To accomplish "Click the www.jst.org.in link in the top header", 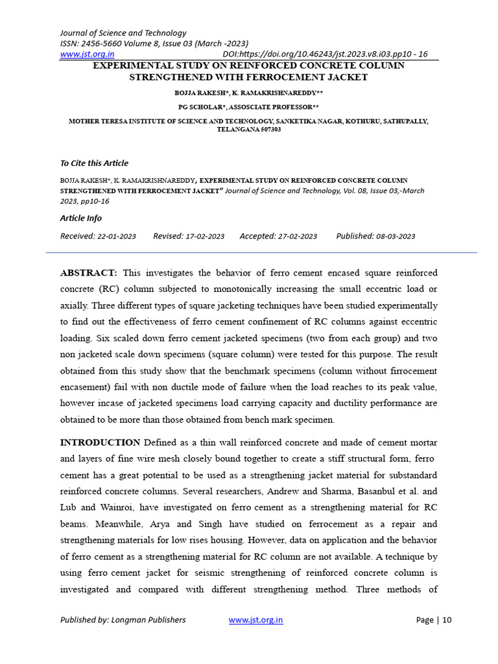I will click(x=87, y=54).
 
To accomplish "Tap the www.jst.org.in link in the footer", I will click(x=255, y=620).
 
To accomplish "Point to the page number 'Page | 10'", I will click(x=434, y=620).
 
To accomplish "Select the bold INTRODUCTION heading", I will click(x=100, y=442).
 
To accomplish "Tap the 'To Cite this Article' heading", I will click(x=94, y=163).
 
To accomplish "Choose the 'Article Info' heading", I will click(x=81, y=219).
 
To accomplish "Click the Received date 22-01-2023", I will click(x=117, y=237).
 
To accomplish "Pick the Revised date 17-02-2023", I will click(x=205, y=237).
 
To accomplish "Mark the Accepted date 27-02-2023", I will click(x=298, y=237).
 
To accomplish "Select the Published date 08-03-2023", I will click(x=396, y=237).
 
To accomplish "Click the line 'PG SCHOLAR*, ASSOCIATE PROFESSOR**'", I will click(x=248, y=107).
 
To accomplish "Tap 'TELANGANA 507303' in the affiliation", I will click(x=248, y=130).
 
